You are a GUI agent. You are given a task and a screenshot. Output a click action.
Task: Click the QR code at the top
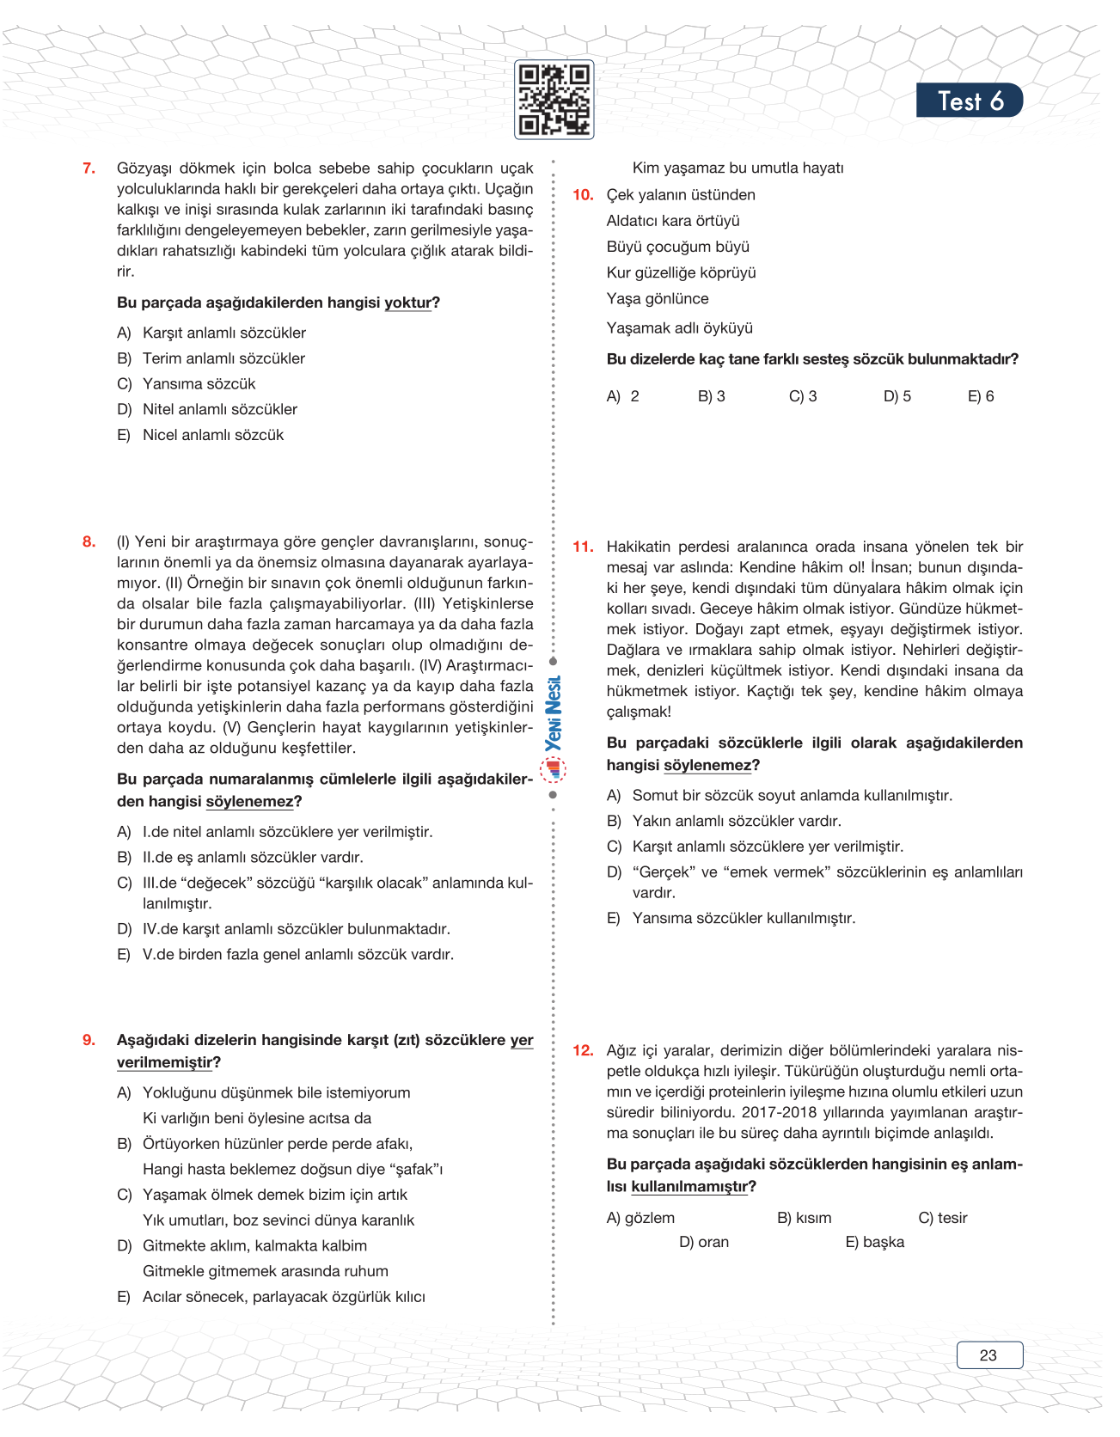554,100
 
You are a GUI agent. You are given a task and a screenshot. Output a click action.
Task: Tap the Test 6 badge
969,101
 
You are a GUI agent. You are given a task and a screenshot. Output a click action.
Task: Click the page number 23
988,1355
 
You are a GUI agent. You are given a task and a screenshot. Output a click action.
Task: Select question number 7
89,168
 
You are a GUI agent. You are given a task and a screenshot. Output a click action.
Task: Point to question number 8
89,541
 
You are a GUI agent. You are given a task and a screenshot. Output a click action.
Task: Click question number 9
89,1040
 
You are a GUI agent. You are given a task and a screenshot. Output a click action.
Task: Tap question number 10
583,195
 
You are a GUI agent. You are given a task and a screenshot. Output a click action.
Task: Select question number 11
583,547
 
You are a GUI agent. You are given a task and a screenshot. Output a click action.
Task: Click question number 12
583,1050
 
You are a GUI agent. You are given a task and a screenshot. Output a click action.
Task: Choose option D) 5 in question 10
897,396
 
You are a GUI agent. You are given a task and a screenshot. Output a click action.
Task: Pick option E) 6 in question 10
981,396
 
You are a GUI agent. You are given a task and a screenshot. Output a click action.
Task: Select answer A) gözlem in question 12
640,1218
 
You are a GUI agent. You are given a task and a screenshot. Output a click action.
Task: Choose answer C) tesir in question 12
943,1218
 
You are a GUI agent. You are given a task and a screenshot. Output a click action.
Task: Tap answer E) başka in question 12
875,1242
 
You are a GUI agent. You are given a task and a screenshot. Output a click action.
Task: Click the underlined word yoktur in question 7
407,303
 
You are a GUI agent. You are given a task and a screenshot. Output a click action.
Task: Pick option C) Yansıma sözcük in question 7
187,384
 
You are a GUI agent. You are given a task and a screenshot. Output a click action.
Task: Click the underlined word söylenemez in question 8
249,801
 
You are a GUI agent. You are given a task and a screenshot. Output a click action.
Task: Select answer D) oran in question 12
704,1242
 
